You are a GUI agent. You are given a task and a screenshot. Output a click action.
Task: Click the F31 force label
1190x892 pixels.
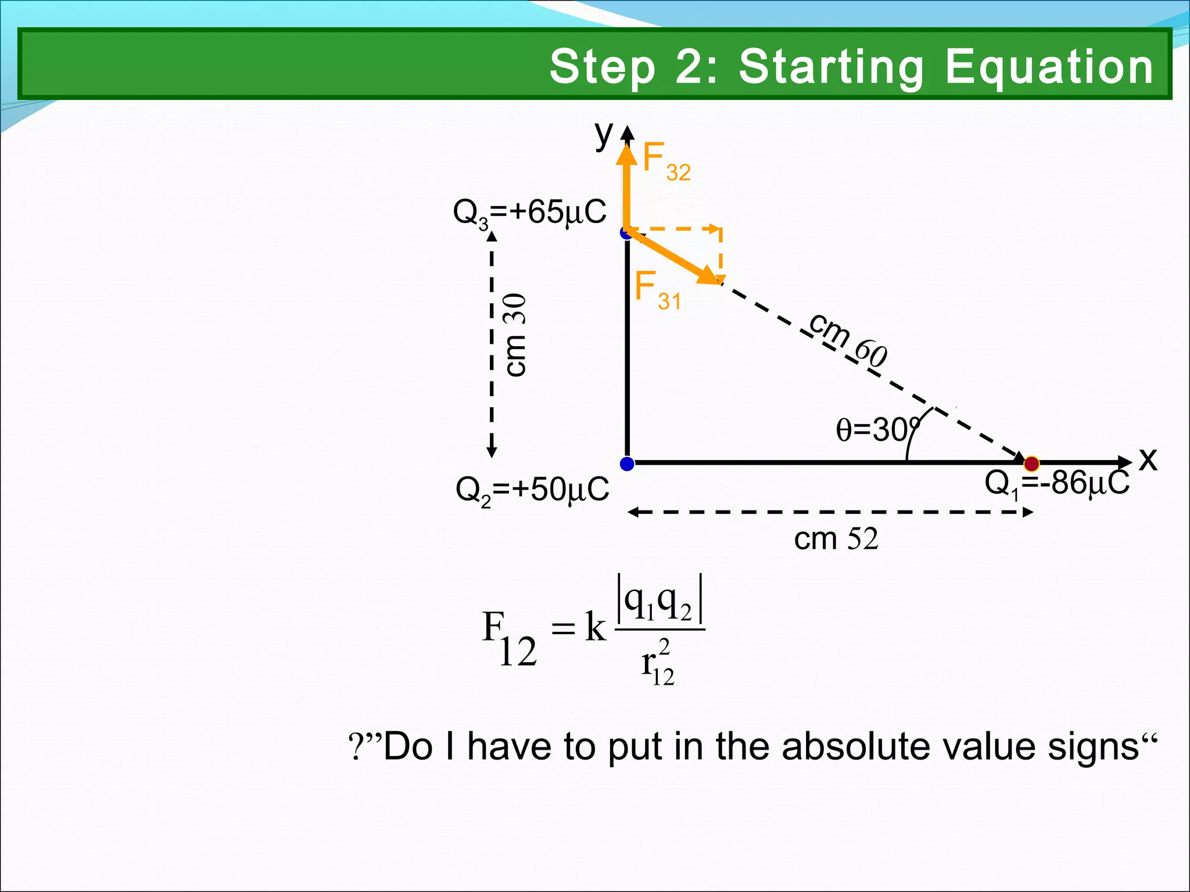[x=657, y=290]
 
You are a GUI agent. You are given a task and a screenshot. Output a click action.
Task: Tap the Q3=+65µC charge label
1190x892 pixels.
[x=529, y=213]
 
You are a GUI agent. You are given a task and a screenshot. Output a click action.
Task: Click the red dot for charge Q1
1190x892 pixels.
[x=1031, y=463]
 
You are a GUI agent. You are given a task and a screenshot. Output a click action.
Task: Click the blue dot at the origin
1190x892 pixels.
[x=627, y=463]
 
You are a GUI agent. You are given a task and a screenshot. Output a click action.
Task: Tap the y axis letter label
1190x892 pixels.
[x=604, y=135]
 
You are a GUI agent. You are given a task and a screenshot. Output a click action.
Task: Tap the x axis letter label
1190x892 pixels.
[x=1148, y=459]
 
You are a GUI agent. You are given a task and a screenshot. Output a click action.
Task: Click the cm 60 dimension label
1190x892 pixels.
[x=848, y=340]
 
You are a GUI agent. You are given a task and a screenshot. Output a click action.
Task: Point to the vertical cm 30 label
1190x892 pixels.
[x=515, y=335]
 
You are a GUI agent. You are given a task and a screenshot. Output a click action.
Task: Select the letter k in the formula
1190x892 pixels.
[x=595, y=628]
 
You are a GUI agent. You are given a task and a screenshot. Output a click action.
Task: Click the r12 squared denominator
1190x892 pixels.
[x=658, y=664]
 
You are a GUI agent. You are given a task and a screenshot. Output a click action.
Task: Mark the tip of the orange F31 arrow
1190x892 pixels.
[x=719, y=282]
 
